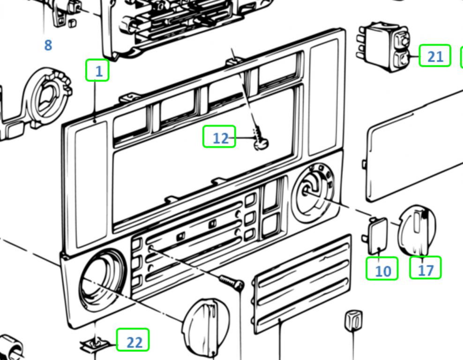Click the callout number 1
[x=97, y=71]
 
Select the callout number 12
[x=219, y=138]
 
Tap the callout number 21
[x=435, y=56]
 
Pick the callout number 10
[x=382, y=270]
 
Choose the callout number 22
[x=133, y=341]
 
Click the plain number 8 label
[x=48, y=45]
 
